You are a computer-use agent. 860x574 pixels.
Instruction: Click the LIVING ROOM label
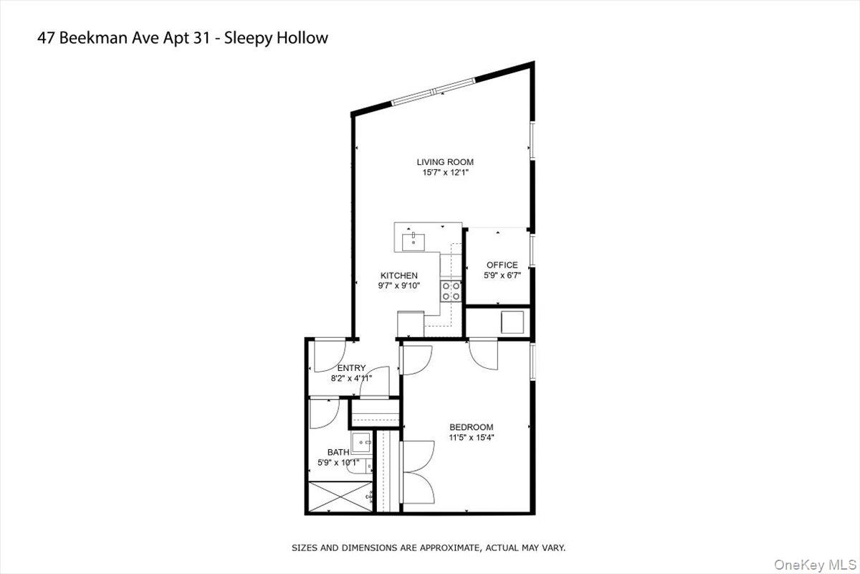click(445, 162)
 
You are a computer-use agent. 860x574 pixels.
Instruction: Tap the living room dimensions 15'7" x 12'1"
click(445, 173)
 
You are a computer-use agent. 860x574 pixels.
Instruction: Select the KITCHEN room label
click(398, 276)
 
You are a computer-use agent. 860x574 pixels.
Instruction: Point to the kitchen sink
click(414, 240)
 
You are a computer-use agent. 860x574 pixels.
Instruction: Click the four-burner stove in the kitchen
click(451, 290)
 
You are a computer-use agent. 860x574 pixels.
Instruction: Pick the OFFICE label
click(502, 265)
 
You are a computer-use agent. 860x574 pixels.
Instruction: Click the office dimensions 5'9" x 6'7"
click(502, 275)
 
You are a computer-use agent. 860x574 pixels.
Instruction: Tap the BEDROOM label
click(471, 427)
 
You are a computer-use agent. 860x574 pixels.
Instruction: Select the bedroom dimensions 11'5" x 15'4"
click(471, 437)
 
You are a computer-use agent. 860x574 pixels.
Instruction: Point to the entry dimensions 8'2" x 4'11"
click(351, 378)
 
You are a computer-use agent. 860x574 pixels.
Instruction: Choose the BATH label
click(338, 452)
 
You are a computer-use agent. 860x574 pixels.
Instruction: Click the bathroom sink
click(360, 442)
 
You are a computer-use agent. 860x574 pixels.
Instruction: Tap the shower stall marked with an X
click(340, 497)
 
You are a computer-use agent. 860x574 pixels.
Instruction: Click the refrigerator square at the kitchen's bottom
click(411, 322)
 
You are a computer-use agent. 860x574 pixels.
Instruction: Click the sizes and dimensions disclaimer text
click(429, 547)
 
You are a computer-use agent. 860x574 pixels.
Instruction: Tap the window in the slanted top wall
click(433, 91)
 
